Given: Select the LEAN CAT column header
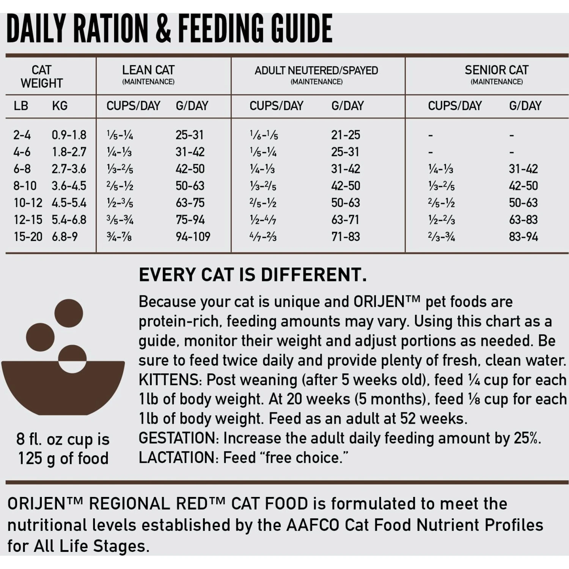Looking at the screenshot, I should pyautogui.click(x=148, y=71).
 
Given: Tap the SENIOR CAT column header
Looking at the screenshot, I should pyautogui.click(x=496, y=71).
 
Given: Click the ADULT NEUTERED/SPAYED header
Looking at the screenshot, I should pyautogui.click(x=316, y=71).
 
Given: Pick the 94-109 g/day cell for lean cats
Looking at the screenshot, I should pyautogui.click(x=193, y=237).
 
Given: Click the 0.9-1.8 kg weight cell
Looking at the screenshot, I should pyautogui.click(x=69, y=135).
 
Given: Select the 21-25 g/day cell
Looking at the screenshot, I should pyautogui.click(x=346, y=135).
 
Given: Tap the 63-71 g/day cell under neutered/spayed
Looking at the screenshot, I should pyautogui.click(x=345, y=220).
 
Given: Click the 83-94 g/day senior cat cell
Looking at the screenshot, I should pyautogui.click(x=523, y=237).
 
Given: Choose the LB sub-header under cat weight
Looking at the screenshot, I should pyautogui.click(x=21, y=106).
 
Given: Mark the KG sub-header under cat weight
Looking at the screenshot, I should pyautogui.click(x=60, y=106).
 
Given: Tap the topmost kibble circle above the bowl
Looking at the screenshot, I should pyautogui.click(x=69, y=313).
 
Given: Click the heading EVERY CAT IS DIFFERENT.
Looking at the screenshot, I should pyautogui.click(x=253, y=275).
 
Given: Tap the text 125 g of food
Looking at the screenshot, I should pyautogui.click(x=63, y=458).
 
